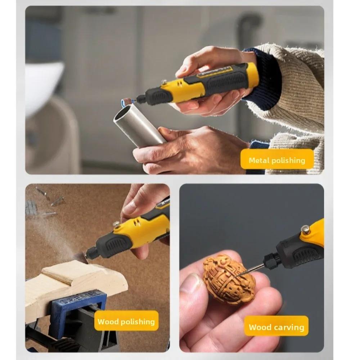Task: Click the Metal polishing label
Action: (276, 161)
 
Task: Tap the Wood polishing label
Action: (126, 321)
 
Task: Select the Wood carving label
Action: (276, 327)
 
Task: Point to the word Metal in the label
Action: (259, 161)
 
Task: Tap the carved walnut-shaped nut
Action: (229, 279)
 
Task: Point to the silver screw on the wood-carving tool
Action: (306, 229)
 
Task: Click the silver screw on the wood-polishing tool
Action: (116, 225)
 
